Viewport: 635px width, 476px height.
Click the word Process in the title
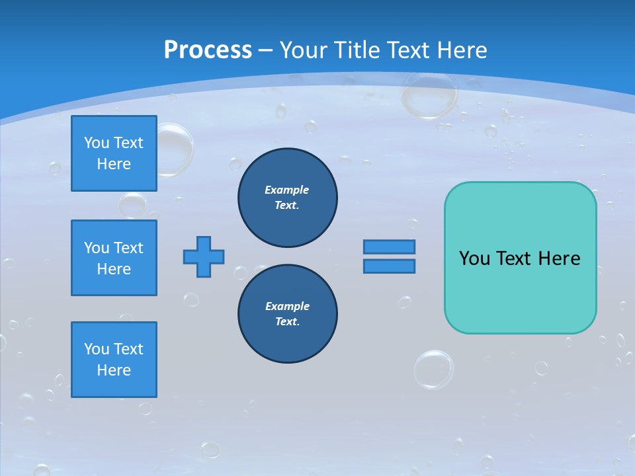208,50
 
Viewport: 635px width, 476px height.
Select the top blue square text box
114,153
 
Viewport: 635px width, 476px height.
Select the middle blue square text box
114,258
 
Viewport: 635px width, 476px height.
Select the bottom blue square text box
114,360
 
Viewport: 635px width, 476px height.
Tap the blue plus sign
204,257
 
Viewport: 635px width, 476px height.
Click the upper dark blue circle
287,198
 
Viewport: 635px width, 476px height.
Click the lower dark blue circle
287,314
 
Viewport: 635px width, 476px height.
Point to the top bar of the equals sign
389,247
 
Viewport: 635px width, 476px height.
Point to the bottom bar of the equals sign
389,266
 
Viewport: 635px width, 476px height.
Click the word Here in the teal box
559,258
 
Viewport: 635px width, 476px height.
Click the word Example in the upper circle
286,190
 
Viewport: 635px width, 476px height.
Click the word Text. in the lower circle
287,322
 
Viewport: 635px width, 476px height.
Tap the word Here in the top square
114,164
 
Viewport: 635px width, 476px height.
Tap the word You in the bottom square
97,349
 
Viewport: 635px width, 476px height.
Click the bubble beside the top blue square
173,149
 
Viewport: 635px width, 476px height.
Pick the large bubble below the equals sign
434,369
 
